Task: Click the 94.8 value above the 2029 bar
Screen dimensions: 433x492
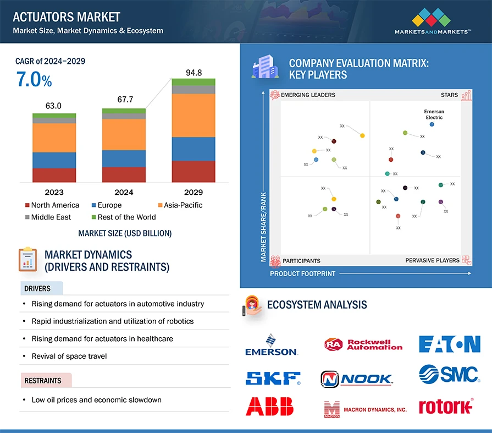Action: (193, 72)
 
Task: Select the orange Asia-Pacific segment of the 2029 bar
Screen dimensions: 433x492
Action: (193, 115)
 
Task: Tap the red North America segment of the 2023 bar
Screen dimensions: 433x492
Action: (54, 175)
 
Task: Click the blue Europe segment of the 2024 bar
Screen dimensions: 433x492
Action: (124, 158)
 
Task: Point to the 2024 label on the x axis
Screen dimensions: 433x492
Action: (124, 192)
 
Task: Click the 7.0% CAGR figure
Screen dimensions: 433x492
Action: (34, 80)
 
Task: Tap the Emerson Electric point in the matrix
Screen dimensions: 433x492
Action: (432, 124)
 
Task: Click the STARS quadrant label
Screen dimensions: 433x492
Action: (449, 95)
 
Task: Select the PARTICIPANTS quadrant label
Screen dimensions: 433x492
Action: (301, 261)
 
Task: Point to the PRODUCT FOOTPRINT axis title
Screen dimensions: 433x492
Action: (302, 273)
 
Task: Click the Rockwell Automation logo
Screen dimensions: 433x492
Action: (363, 344)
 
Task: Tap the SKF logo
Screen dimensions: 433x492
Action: (273, 378)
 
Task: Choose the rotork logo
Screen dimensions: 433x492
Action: (445, 407)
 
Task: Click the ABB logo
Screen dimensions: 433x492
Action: (269, 406)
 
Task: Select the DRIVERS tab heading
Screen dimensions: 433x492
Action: (37, 288)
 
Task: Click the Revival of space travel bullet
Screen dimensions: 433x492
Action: (69, 356)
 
